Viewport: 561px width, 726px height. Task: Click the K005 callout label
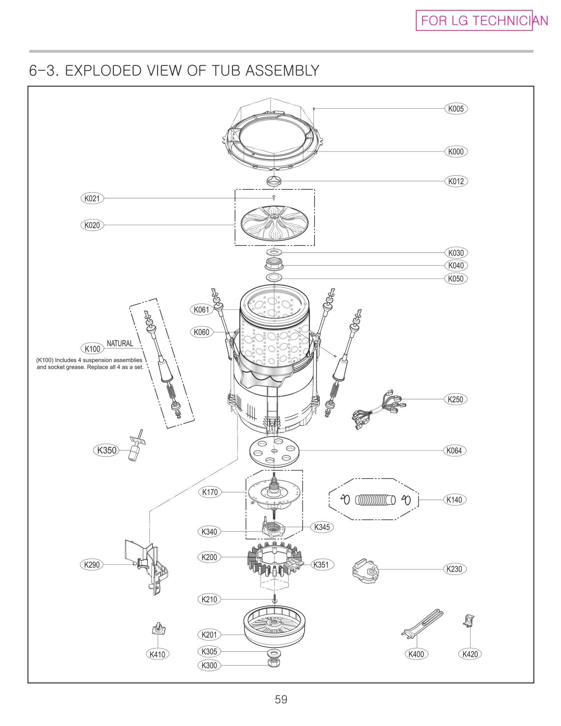455,109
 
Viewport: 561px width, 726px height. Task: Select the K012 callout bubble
455,181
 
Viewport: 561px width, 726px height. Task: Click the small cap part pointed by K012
274,181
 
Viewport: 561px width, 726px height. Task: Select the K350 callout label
107,450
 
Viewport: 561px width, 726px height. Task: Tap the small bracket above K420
468,620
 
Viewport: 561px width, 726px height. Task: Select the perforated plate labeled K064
274,451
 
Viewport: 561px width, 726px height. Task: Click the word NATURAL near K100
120,344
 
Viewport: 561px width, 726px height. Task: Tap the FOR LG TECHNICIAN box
474,21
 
